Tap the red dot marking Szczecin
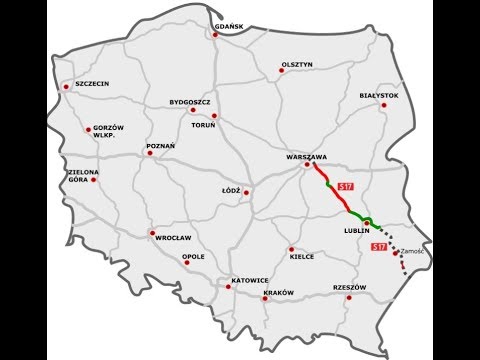[66, 87]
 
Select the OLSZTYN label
[299, 64]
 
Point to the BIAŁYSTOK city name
[379, 95]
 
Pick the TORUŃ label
[204, 126]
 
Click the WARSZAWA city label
[308, 157]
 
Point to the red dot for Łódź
[247, 192]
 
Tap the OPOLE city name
[194, 256]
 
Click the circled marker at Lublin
[368, 222]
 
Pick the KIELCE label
[301, 256]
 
